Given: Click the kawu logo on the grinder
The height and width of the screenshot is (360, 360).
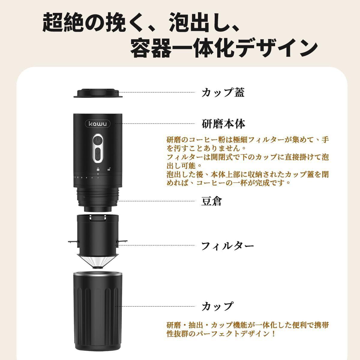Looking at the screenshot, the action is click(x=98, y=124).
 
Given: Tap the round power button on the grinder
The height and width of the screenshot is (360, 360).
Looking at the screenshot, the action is click(x=97, y=140).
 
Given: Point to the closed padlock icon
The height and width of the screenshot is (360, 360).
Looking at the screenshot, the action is click(x=98, y=169).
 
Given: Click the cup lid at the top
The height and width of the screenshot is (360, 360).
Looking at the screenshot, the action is click(x=98, y=93).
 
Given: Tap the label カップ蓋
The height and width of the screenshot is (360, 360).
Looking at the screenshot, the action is click(x=223, y=92).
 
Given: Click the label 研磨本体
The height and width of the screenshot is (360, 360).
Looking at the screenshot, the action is click(x=223, y=124).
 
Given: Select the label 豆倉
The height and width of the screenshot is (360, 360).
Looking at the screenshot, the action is click(x=211, y=201).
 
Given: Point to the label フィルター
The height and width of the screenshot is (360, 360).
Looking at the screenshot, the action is click(x=227, y=246).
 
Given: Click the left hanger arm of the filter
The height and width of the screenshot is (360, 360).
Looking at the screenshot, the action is click(x=73, y=242).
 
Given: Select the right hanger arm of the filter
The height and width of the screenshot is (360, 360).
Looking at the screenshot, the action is click(x=122, y=241).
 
